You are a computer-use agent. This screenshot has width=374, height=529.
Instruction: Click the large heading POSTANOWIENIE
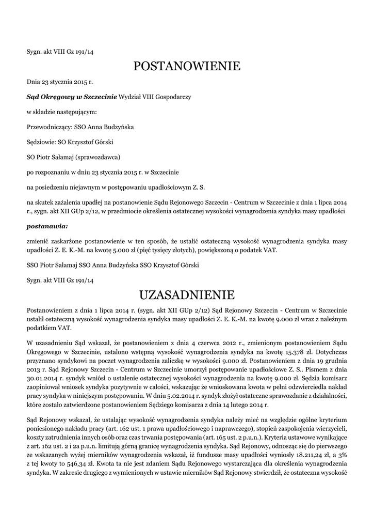click(x=187, y=66)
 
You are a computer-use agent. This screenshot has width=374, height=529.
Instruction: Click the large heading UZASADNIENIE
click(x=187, y=295)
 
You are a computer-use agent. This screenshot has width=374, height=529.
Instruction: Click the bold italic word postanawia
click(x=46, y=226)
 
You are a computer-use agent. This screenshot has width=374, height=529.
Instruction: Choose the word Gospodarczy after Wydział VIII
click(x=171, y=97)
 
